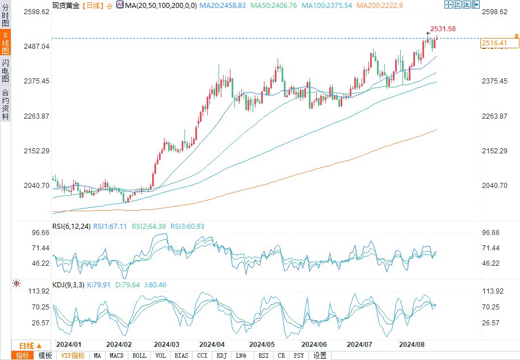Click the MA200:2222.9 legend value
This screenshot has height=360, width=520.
coord(379,6)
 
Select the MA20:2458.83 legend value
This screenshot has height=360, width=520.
coord(223,6)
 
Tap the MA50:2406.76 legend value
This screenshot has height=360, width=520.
coord(274,6)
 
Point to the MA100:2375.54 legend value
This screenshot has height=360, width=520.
coord(326,6)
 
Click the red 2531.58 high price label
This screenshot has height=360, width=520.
coord(443,29)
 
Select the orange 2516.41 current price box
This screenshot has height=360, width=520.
coord(500,43)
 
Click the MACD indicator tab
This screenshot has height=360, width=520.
coord(116,355)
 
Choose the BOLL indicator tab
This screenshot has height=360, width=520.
coord(139,355)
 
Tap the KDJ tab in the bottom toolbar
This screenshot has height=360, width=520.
coord(221,355)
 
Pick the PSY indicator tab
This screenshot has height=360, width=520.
coord(299,355)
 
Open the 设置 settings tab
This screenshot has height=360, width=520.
coord(320,355)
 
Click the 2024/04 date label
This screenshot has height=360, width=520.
coord(212,345)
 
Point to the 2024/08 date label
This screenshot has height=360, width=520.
coord(412,345)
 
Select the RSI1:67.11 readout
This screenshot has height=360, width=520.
coord(110,227)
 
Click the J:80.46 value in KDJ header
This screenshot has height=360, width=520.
coord(155,284)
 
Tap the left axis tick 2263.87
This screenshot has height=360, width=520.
coord(36,116)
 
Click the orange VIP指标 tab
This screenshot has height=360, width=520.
coord(73,355)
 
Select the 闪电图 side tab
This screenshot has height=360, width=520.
coord(5,70)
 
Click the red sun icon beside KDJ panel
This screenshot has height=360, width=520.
coord(16,283)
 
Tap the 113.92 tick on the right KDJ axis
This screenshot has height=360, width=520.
coord(493,291)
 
